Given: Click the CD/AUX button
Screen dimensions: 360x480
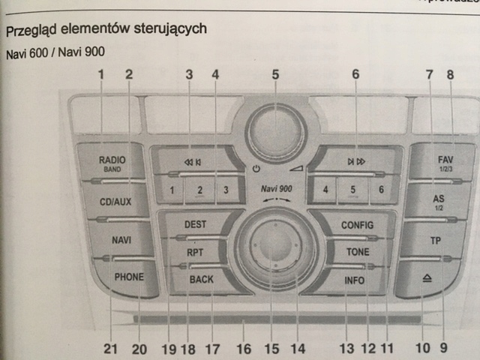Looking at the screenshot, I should pos(115,201).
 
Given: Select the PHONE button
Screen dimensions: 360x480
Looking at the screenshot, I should pos(129,276).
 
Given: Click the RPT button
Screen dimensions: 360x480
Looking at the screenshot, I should pos(196,253).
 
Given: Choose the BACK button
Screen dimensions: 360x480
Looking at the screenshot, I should pos(201,279).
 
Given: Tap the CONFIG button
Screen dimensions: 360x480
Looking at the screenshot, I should pos(356,225).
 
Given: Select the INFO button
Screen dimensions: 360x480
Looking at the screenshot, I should pos(353,280).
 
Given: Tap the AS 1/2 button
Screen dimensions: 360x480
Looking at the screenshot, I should pos(439,201).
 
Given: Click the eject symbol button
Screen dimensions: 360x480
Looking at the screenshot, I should pos(426,277).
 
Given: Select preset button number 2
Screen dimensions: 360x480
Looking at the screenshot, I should pos(200,190).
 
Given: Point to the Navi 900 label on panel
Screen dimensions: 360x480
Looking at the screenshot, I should pos(275,190).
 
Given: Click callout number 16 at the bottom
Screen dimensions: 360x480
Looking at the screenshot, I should pos(243,348).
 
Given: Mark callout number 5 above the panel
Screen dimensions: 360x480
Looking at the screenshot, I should pos(275,74).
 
